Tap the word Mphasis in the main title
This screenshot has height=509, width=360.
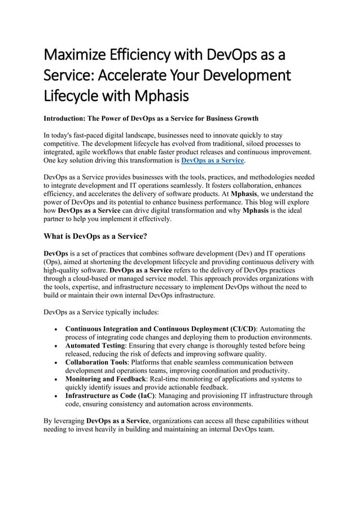160,95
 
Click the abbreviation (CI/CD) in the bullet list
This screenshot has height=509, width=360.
243,329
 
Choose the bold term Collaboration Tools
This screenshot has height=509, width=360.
95,362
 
